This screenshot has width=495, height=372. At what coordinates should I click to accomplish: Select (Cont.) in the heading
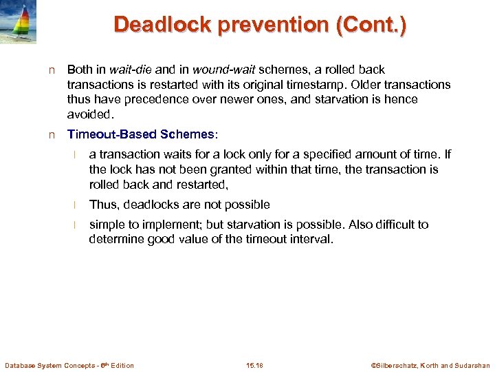pyautogui.click(x=374, y=25)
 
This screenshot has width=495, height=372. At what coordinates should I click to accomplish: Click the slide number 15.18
pyautogui.click(x=255, y=365)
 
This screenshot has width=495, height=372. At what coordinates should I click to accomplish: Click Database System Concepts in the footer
pyautogui.click(x=52, y=365)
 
